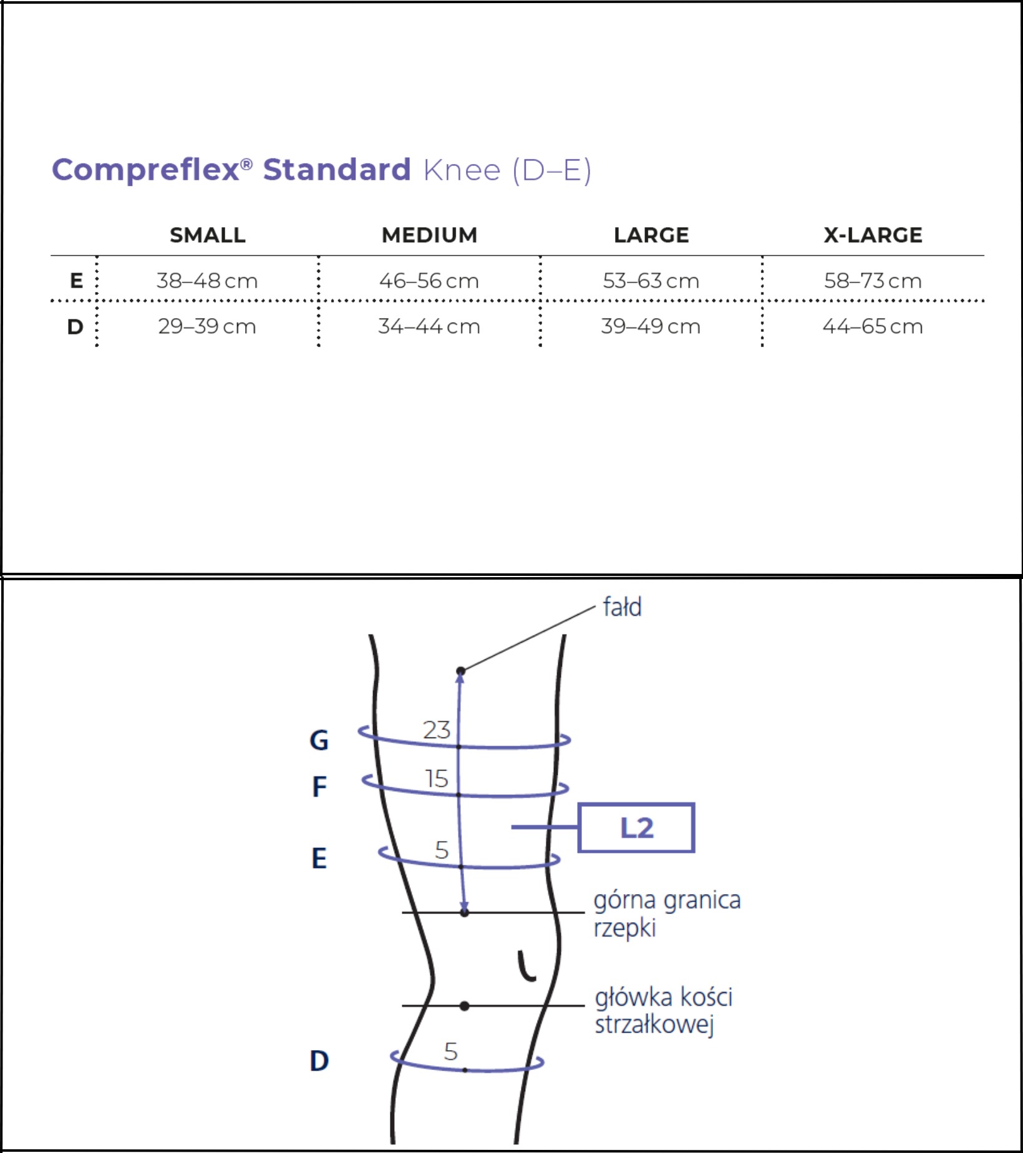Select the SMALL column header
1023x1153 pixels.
click(x=208, y=235)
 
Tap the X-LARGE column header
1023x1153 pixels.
click(x=873, y=235)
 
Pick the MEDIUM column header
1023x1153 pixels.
click(x=430, y=235)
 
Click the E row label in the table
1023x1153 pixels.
click(x=76, y=281)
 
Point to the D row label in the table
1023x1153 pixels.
click(x=75, y=326)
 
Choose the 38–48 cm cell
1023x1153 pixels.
click(x=207, y=281)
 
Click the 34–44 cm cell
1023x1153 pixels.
click(x=429, y=326)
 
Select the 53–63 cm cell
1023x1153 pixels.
click(x=651, y=281)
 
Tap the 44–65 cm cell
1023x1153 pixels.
click(x=873, y=326)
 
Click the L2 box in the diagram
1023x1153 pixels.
click(x=636, y=827)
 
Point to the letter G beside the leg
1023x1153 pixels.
click(x=319, y=741)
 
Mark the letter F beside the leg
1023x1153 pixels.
click(x=319, y=787)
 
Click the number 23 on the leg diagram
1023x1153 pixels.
click(x=437, y=730)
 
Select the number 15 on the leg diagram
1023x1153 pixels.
click(x=437, y=779)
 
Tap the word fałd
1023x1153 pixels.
click(x=622, y=606)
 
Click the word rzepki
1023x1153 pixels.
click(x=624, y=928)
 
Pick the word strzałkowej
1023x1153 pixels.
click(x=654, y=1025)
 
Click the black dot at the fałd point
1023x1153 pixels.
click(x=461, y=671)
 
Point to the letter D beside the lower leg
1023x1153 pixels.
click(x=319, y=1061)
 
